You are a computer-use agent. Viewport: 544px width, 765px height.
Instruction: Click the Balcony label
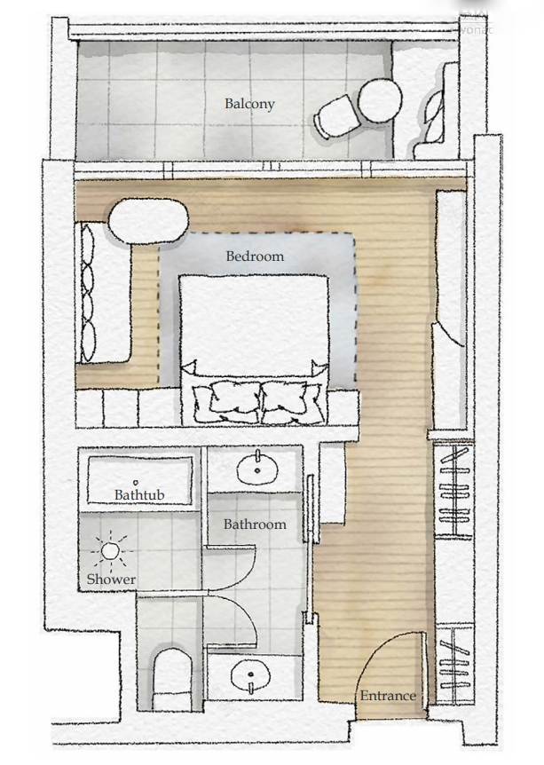coord(249,104)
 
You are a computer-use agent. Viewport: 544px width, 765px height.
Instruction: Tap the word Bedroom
coord(255,256)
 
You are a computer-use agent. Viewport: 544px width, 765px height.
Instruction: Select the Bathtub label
coord(139,494)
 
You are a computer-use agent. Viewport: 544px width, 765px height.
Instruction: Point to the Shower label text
coord(111,580)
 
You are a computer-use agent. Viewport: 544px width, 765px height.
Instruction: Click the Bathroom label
coord(255,524)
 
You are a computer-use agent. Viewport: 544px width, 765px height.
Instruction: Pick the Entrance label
coord(387,696)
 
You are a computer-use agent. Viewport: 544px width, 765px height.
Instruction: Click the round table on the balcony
coord(380,99)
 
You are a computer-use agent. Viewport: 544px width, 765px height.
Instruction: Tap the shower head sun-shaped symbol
coord(110,551)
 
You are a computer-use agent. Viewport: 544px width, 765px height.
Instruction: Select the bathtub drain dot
coord(136,483)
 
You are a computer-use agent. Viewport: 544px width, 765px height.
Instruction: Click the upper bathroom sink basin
coord(257,467)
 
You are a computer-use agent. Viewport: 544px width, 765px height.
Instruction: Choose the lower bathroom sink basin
coord(251,677)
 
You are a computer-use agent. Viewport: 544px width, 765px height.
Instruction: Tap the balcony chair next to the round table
coord(335,118)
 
